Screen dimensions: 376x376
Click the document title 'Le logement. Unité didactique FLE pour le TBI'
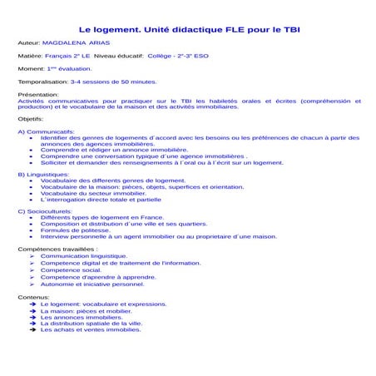point(189,27)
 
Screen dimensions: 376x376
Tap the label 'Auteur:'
point(30,42)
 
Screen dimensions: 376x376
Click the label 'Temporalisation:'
point(42,82)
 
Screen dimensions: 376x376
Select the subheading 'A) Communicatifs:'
point(46,132)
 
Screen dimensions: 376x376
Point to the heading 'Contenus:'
point(33,295)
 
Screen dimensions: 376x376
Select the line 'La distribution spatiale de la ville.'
point(92,324)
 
